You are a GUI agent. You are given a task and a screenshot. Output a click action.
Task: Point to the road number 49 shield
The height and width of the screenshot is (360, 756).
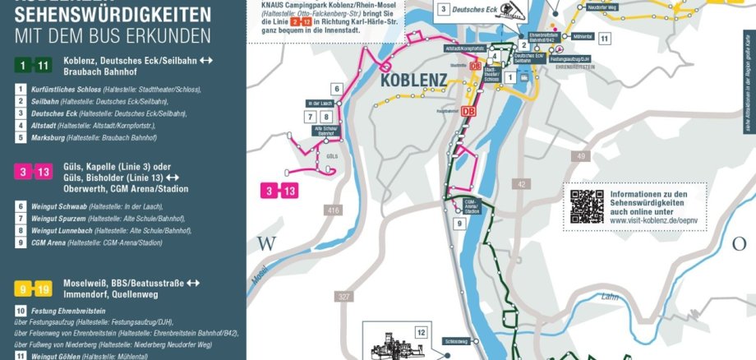581,156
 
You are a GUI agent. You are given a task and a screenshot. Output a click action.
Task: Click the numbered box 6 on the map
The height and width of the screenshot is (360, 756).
336,89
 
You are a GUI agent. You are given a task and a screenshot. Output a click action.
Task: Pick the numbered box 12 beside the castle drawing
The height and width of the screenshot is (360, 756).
421,333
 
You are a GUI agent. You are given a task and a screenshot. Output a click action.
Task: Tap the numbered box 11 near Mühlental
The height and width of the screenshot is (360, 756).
604,39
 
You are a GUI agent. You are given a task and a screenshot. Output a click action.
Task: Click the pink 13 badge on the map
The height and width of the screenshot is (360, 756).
290,192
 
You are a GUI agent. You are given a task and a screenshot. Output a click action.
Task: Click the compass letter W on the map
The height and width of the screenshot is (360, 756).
265,244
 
